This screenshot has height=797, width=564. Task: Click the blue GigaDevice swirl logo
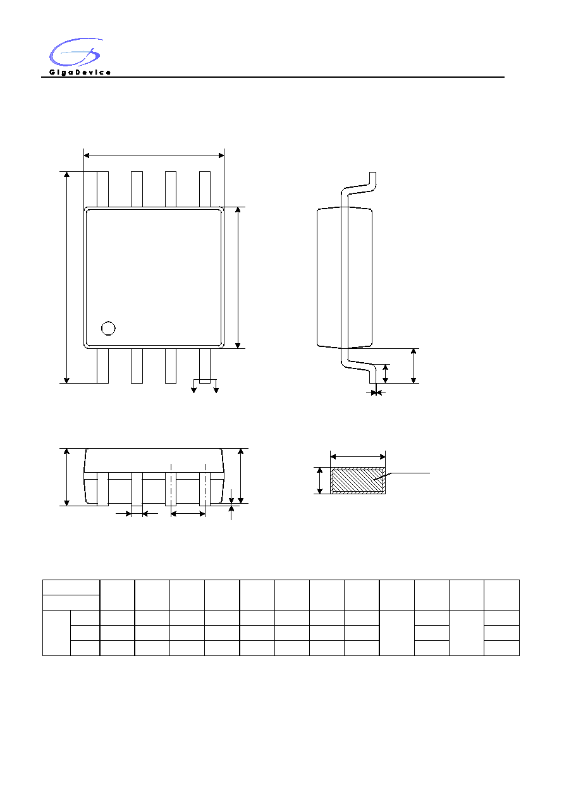[76, 52]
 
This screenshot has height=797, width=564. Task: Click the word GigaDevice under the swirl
[80, 73]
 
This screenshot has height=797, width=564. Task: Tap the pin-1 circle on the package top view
[108, 328]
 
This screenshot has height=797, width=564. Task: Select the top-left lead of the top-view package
[103, 189]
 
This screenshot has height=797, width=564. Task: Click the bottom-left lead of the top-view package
[103, 366]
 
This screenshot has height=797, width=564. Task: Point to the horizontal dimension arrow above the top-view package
[154, 155]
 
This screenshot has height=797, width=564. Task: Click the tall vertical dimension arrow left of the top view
[66, 277]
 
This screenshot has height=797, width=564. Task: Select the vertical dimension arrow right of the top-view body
[238, 277]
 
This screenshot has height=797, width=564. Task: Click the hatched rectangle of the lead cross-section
[358, 480]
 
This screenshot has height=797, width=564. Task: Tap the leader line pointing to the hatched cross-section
[402, 476]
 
